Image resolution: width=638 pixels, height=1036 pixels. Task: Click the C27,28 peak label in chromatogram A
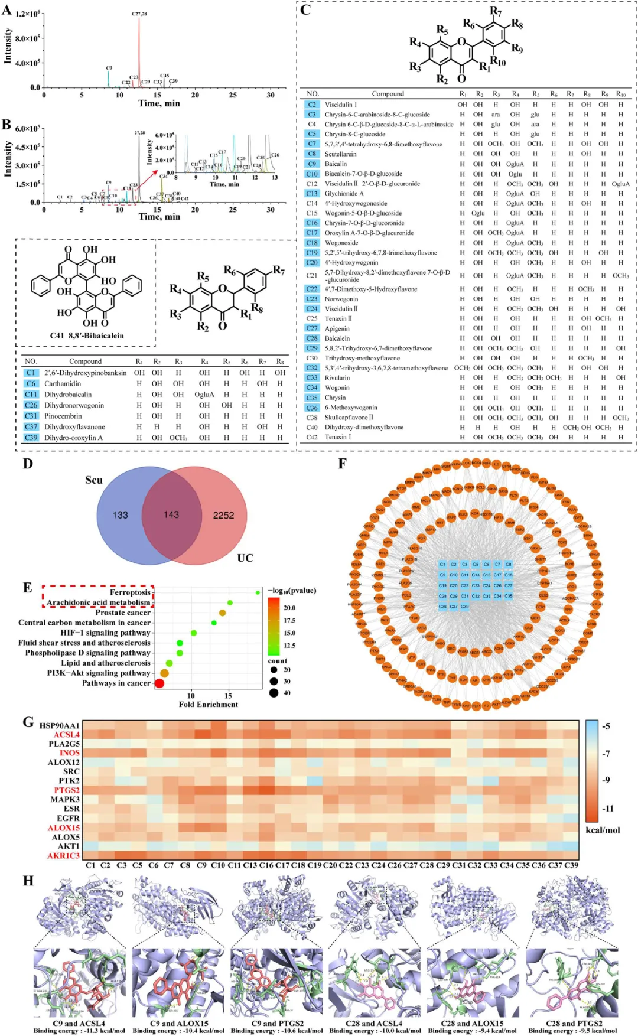click(x=139, y=13)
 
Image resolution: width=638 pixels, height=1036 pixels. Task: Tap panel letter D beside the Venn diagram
click(x=28, y=464)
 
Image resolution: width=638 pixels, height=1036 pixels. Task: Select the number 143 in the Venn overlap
click(x=171, y=515)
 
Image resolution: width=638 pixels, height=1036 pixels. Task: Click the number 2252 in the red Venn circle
click(x=223, y=515)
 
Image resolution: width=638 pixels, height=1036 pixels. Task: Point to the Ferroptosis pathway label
click(x=130, y=592)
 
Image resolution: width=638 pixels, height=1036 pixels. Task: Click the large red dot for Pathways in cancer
click(x=159, y=683)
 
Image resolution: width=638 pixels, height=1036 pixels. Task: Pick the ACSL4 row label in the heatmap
click(x=67, y=734)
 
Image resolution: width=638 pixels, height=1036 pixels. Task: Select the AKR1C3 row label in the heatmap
click(x=64, y=855)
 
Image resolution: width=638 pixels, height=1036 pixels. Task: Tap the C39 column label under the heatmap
click(x=571, y=865)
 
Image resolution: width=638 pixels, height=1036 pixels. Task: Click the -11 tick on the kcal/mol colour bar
click(x=608, y=808)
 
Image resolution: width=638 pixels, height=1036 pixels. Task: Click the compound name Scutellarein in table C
click(x=340, y=154)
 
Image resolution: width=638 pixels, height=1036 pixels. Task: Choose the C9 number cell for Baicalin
click(x=312, y=164)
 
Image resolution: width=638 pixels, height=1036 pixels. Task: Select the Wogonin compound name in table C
click(x=337, y=387)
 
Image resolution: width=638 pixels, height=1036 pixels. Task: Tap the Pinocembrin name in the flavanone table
click(x=63, y=416)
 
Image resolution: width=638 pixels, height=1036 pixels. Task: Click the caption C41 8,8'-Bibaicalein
click(x=87, y=335)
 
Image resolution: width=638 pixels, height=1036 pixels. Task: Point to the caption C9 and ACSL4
click(x=79, y=1023)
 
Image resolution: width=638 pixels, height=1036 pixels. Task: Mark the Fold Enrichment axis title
click(x=209, y=704)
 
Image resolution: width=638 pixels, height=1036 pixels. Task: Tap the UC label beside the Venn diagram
click(x=245, y=558)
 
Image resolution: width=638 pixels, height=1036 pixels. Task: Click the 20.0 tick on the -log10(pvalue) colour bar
click(x=289, y=607)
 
